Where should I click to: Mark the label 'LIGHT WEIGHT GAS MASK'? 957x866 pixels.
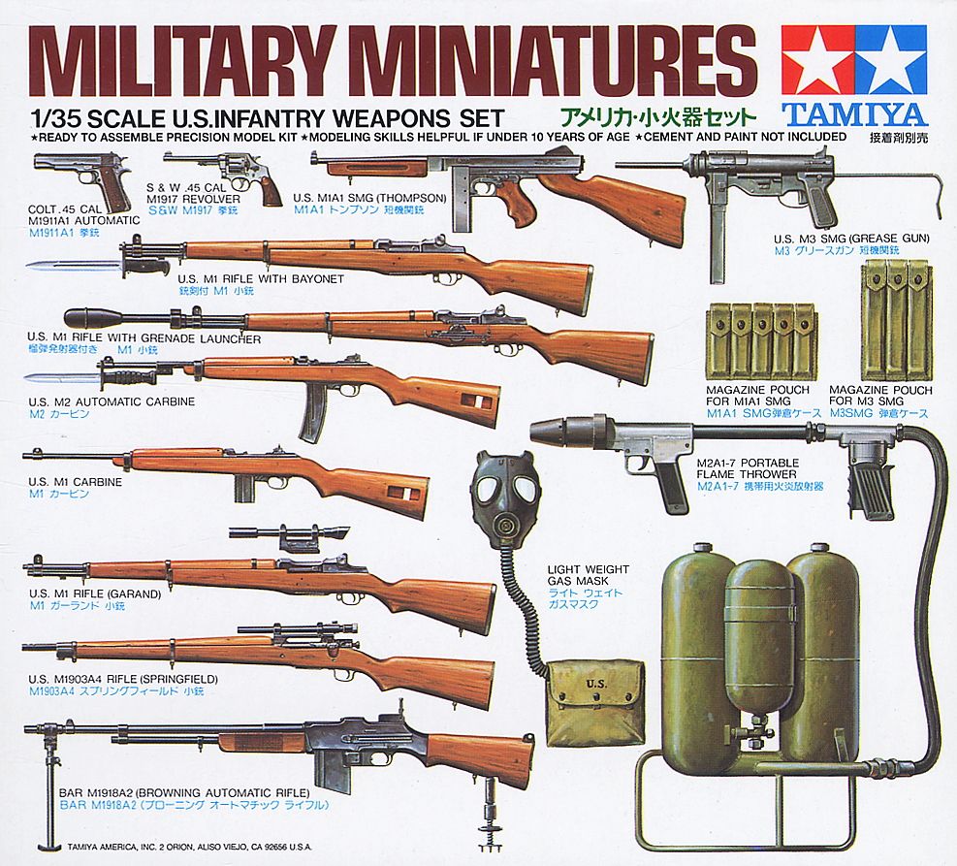pyautogui.click(x=588, y=575)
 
